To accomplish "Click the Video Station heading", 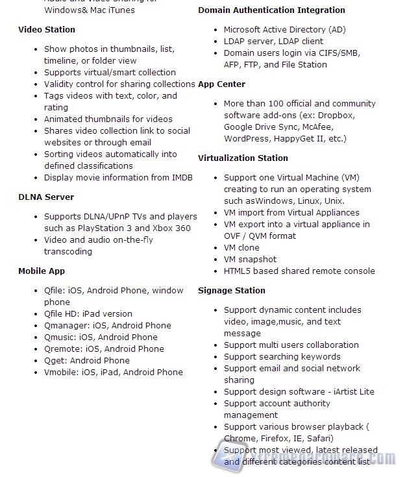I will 47,29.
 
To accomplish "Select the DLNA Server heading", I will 46,197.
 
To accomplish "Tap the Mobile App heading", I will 42,271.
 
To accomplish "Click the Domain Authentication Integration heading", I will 271,10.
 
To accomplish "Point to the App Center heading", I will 222,84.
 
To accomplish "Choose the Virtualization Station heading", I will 243,158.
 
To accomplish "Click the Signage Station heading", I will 232,290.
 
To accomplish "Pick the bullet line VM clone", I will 241,247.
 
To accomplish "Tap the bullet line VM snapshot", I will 250,259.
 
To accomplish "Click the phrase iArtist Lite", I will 350,391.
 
